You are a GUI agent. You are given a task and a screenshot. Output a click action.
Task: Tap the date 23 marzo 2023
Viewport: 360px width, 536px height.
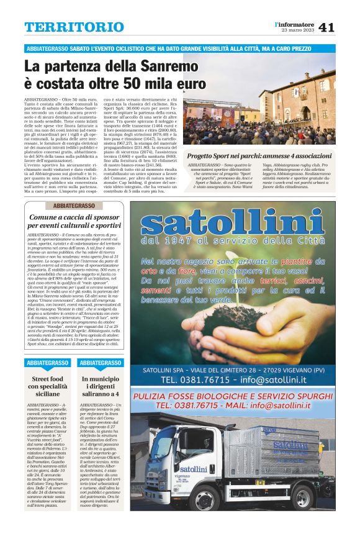click(297, 30)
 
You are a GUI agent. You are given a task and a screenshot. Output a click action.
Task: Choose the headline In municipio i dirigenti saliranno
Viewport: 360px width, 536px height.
click(101, 386)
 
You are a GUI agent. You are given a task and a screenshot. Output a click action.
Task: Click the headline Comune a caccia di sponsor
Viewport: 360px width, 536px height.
click(74, 222)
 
